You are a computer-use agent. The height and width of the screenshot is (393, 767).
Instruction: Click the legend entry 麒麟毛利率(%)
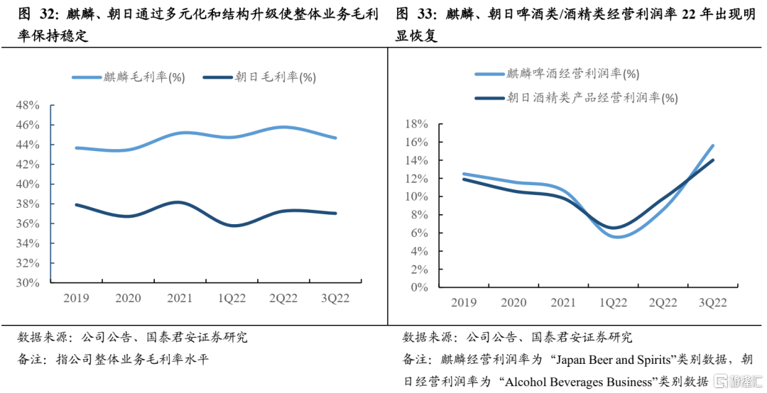tap(129, 77)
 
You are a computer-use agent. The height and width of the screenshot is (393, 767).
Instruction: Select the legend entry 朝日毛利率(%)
tap(259, 77)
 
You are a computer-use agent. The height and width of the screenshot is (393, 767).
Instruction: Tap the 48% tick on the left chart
tap(28, 106)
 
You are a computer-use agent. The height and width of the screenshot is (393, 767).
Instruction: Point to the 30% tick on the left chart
tap(28, 282)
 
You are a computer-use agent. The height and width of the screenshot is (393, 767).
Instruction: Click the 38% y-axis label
tap(28, 204)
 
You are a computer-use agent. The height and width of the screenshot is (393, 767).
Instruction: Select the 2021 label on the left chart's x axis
tap(180, 298)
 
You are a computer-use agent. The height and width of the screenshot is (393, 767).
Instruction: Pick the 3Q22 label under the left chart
tap(335, 298)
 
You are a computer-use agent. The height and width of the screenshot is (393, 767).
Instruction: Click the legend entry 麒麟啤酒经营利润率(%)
tap(557, 74)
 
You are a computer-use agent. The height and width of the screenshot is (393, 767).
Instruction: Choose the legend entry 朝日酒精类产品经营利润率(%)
tap(576, 98)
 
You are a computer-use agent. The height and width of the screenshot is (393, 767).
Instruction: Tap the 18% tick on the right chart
tap(416, 124)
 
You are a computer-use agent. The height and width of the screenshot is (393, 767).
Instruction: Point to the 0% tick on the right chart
tap(419, 287)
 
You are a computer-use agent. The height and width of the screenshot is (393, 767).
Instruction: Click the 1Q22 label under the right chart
tap(613, 303)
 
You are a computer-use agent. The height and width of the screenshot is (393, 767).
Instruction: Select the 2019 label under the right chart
tap(464, 303)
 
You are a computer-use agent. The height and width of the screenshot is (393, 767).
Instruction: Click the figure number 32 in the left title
tap(46, 14)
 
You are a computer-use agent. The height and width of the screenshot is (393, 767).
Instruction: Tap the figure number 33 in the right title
tap(425, 14)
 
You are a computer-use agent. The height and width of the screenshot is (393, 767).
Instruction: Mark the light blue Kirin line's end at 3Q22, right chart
tap(712, 145)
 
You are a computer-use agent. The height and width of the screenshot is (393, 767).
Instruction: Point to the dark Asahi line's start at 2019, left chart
tap(77, 205)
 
